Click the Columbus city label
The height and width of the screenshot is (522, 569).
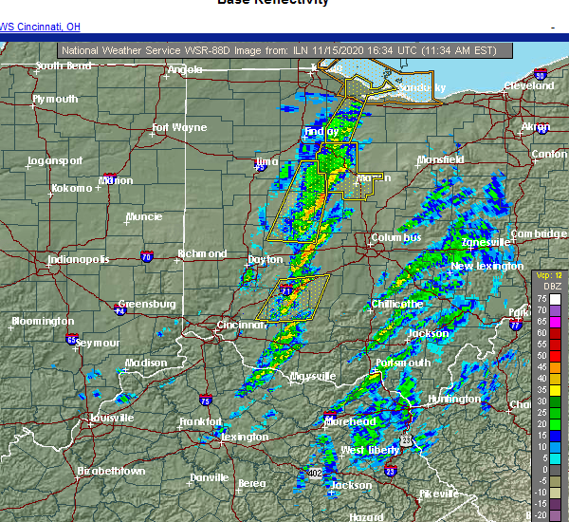(x=395, y=237)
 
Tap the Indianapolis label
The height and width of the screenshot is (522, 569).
(x=79, y=259)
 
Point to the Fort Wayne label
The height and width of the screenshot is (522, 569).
(x=179, y=127)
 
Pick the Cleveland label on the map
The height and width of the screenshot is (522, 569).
(x=528, y=85)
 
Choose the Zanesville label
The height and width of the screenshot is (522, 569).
(x=486, y=243)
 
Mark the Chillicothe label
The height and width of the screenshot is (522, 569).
(x=397, y=304)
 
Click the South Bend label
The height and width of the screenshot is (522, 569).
(x=64, y=66)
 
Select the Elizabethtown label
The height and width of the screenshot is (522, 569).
(x=111, y=471)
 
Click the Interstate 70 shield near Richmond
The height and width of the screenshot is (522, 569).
(x=147, y=256)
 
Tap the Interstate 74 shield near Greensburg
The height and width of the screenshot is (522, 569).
(x=120, y=310)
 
